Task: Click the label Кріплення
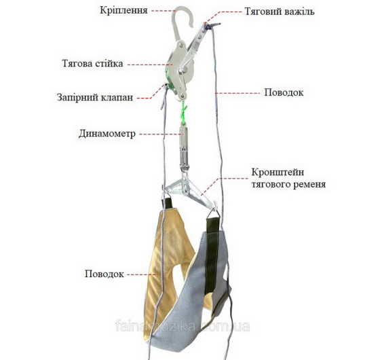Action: (x=123, y=11)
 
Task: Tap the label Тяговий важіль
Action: (x=280, y=12)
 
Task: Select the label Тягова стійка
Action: (x=92, y=64)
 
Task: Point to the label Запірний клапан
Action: (x=95, y=97)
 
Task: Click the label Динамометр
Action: (x=107, y=134)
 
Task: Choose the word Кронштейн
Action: (x=278, y=173)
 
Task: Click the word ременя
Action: (x=309, y=185)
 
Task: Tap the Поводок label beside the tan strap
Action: (x=104, y=274)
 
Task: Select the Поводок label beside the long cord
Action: (x=284, y=92)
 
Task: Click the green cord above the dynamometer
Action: (x=184, y=111)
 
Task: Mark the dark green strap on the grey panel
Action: (x=212, y=255)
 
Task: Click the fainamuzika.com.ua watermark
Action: (x=183, y=326)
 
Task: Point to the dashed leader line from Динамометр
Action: (x=159, y=134)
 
